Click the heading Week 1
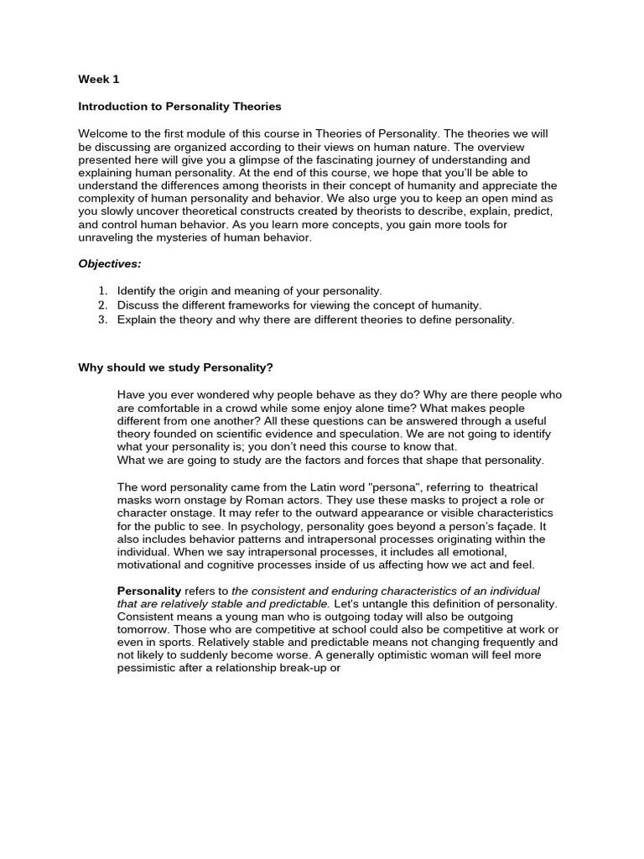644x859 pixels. [x=99, y=80]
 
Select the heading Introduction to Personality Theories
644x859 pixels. [x=179, y=107]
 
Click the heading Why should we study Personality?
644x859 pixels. [x=175, y=368]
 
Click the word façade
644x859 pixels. [x=524, y=526]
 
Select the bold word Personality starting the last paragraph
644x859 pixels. [x=148, y=591]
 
